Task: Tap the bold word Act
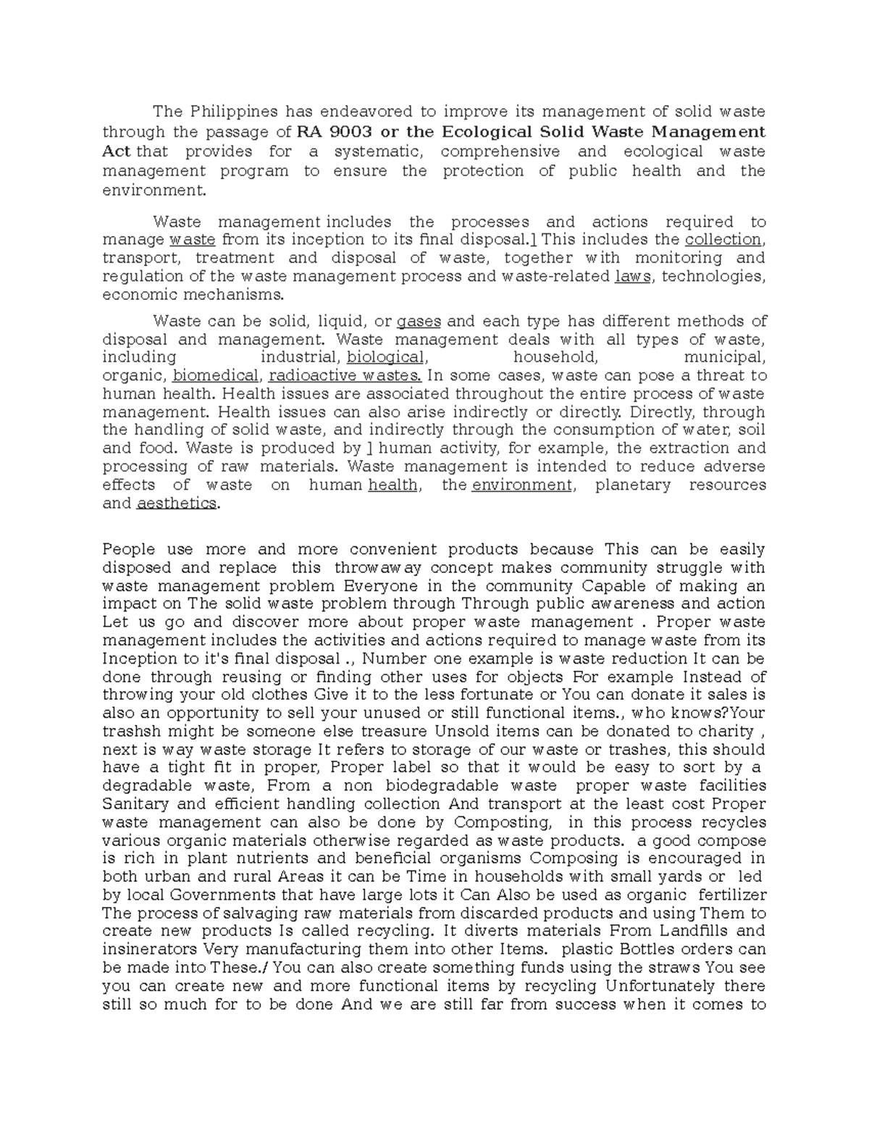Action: (x=117, y=151)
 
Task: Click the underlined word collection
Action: (x=723, y=240)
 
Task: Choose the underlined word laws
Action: (x=633, y=276)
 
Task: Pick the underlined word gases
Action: (x=419, y=322)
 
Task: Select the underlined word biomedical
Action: (x=216, y=376)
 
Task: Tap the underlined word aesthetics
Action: (x=176, y=503)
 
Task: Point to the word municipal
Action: (x=723, y=357)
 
